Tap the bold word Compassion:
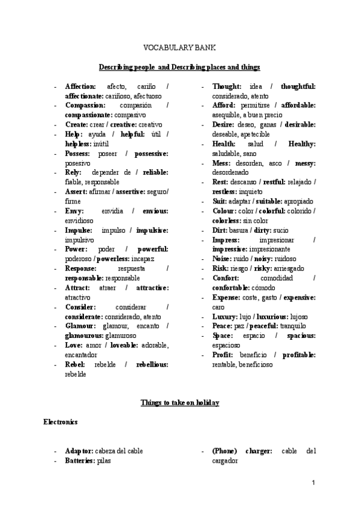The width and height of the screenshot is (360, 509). pos(85,105)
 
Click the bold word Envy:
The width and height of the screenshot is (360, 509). pos(75,211)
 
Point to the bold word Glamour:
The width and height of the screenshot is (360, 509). pos(80,326)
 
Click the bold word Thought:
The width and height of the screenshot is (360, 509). pos(227,86)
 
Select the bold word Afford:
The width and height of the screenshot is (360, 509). pos(224,105)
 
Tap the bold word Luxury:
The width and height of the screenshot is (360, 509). pos(226,316)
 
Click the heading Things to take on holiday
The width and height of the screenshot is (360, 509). pos(179,402)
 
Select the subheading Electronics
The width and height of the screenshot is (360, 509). pos(60,422)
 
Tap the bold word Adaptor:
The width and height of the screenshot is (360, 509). pos(79,451)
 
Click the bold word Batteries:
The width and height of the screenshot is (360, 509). pos(80,461)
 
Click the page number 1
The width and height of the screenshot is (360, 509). pos(314,483)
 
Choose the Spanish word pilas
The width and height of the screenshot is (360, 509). pos(104,461)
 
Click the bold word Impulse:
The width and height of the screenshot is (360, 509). pos(79,230)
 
